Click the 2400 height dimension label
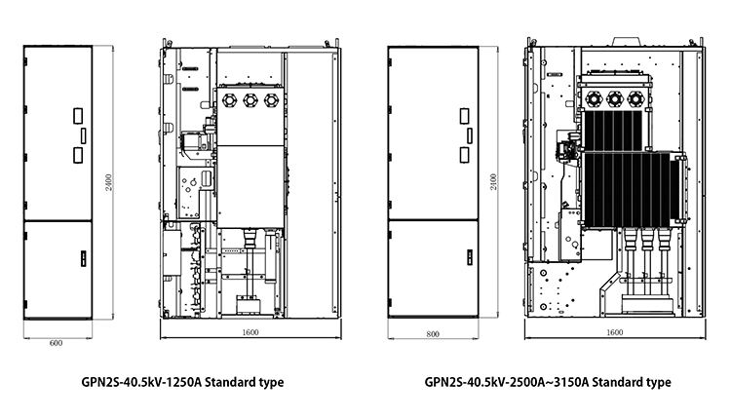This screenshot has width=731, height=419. click(108, 182)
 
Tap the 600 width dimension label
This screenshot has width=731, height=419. click(56, 343)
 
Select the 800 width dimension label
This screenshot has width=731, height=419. click(433, 334)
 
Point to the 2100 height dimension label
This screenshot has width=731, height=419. click(493, 182)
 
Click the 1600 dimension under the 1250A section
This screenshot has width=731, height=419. click(250, 332)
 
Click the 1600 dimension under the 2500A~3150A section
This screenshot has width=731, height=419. click(614, 332)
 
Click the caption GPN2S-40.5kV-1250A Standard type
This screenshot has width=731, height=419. click(183, 383)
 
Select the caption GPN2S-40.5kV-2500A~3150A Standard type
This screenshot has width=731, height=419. click(548, 383)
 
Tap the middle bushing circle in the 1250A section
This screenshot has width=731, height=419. click(250, 100)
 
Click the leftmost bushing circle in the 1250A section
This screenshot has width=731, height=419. click(230, 100)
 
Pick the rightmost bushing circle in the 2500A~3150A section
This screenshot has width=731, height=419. click(635, 99)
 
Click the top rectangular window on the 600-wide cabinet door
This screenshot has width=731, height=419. click(78, 116)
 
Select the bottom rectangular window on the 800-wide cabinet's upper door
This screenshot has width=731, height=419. click(464, 155)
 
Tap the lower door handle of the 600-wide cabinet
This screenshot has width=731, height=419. click(84, 258)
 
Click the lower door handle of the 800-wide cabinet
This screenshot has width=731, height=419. click(470, 257)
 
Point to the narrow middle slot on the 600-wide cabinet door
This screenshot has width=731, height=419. click(84, 135)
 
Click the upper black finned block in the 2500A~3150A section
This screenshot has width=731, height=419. click(613, 131)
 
